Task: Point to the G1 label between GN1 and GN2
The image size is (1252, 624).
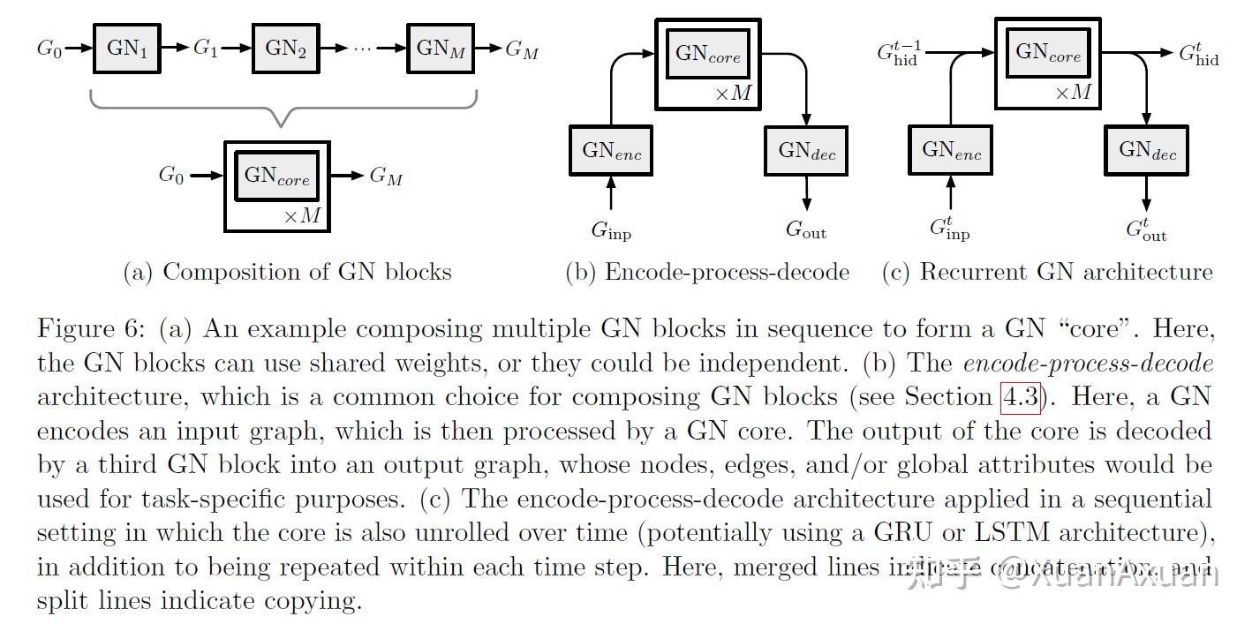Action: click(205, 48)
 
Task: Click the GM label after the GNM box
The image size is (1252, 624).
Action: click(522, 49)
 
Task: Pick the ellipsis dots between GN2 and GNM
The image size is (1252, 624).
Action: click(363, 49)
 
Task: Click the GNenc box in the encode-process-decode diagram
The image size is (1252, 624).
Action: click(611, 151)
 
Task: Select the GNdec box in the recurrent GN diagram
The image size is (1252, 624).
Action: click(1147, 150)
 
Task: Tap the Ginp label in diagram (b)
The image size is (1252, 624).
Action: click(611, 231)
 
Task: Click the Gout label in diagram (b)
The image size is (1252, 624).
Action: click(805, 231)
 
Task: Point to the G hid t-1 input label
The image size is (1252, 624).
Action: click(897, 54)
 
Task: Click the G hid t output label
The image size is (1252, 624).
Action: click(1199, 54)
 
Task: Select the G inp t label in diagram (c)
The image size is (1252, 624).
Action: click(950, 229)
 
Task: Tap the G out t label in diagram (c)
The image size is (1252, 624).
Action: click(1146, 229)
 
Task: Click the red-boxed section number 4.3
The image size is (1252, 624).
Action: click(1021, 397)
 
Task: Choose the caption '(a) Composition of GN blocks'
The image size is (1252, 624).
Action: click(287, 272)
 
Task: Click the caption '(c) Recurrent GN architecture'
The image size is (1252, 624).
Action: click(1047, 272)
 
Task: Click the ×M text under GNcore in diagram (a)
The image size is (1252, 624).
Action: click(302, 214)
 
